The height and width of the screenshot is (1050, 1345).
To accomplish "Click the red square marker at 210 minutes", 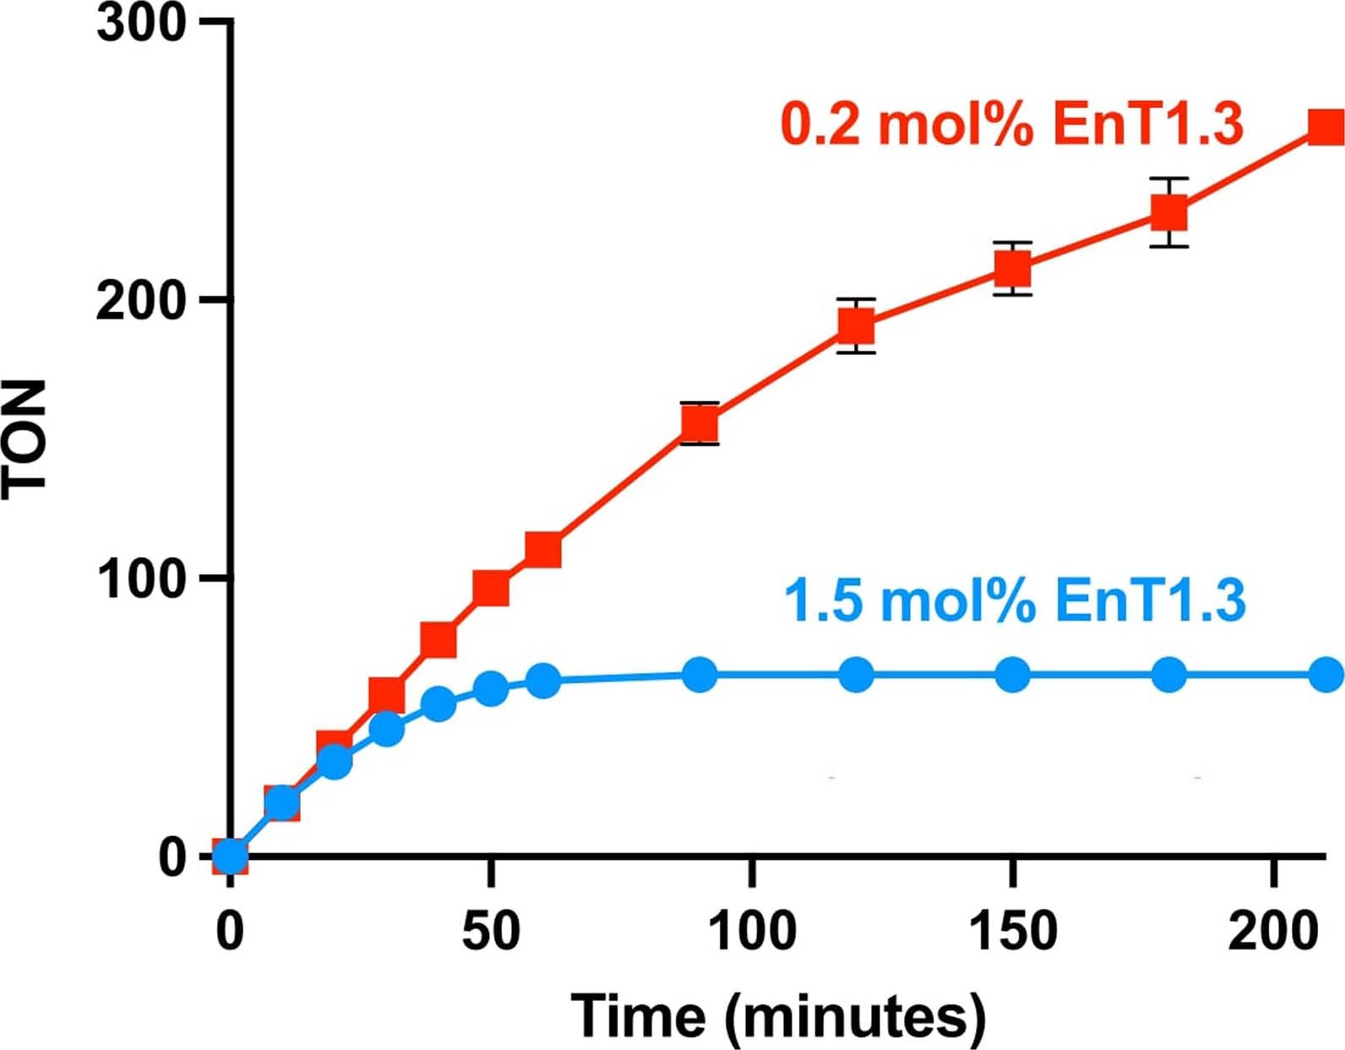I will pos(1326,127).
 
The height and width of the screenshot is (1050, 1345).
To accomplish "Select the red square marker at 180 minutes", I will pos(1169,212).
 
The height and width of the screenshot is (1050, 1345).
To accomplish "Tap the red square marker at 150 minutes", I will pos(1013,270).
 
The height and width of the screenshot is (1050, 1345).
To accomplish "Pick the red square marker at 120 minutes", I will pos(856,325).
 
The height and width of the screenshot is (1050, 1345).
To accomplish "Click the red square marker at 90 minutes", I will pos(700,423).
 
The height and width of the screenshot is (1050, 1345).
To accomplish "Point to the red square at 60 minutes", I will pos(543,550).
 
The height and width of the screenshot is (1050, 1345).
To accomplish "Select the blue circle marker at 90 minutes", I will pos(700,675).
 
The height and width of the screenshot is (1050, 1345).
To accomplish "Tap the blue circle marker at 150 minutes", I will pos(1013,675).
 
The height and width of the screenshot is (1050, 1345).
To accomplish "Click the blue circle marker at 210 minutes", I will pos(1326,675).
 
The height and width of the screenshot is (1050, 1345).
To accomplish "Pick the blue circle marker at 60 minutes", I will pos(543,680).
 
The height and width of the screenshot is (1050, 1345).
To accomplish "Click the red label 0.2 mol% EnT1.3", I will pos(1011,124).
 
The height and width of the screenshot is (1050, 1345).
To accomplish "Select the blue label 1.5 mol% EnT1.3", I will pos(1015,600).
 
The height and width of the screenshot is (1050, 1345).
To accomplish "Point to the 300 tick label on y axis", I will pos(140,23).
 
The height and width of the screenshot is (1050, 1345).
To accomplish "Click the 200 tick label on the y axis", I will pos(140,301).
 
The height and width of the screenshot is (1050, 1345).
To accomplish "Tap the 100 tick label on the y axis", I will pos(140,579).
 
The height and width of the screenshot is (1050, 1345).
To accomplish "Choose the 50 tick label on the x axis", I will pos(490,931).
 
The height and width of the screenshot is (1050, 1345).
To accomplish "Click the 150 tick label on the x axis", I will pos(1012,931).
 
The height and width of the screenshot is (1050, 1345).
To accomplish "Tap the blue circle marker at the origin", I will pos(230,856).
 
